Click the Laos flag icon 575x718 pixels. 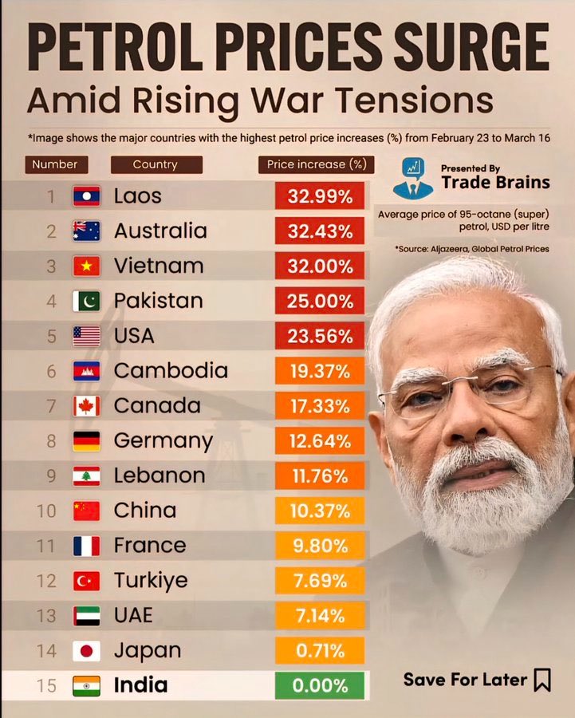(x=86, y=196)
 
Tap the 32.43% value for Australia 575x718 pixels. (x=320, y=231)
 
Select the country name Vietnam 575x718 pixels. (x=158, y=266)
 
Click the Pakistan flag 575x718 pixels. (x=86, y=301)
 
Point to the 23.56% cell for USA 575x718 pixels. (x=320, y=336)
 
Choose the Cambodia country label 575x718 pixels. (x=171, y=371)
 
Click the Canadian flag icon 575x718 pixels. (x=86, y=406)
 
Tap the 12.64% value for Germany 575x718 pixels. (x=320, y=441)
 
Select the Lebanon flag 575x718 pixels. (x=86, y=476)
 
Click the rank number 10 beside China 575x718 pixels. (x=46, y=511)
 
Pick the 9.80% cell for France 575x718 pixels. (x=320, y=546)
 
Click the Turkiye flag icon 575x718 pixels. (x=86, y=581)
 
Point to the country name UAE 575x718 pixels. (x=133, y=616)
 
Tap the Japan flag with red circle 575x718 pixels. (x=86, y=651)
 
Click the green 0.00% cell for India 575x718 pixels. (x=320, y=685)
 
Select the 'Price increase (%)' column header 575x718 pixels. (x=317, y=164)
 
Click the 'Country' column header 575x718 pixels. (x=156, y=164)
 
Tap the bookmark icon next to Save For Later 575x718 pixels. (x=542, y=680)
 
